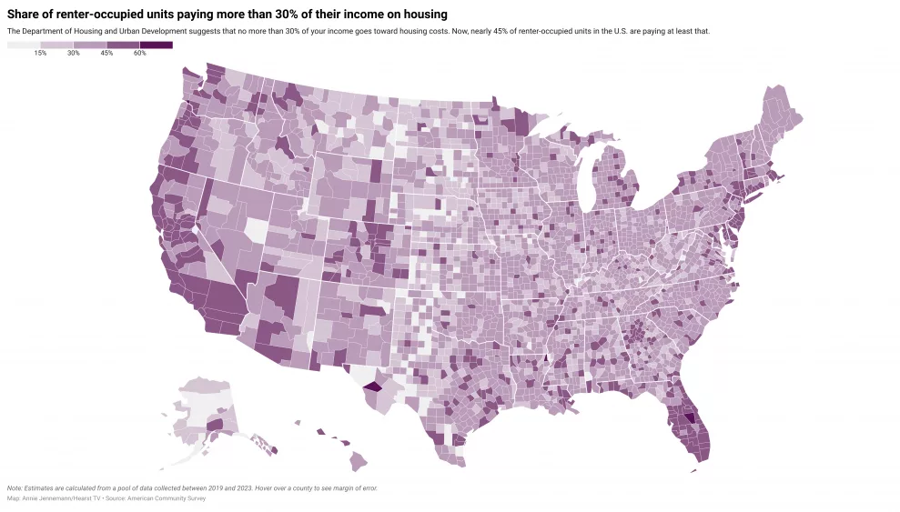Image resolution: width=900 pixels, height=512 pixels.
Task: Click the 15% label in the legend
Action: tap(40, 54)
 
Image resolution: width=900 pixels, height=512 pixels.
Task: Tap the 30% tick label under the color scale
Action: tap(74, 54)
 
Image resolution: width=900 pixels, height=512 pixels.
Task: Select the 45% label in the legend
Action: tap(106, 54)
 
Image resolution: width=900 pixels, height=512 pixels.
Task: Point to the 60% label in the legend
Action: tap(139, 54)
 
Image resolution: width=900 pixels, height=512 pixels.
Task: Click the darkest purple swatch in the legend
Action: tap(157, 45)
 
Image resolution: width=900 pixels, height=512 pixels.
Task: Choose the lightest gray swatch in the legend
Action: tap(24, 45)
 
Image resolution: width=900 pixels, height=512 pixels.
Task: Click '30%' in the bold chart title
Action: tap(268, 15)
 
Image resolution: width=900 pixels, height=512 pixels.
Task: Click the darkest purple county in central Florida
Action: tap(688, 419)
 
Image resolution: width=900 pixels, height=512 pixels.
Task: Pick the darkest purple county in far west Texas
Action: tap(371, 386)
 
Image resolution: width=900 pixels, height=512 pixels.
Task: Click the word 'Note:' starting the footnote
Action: tap(15, 488)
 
